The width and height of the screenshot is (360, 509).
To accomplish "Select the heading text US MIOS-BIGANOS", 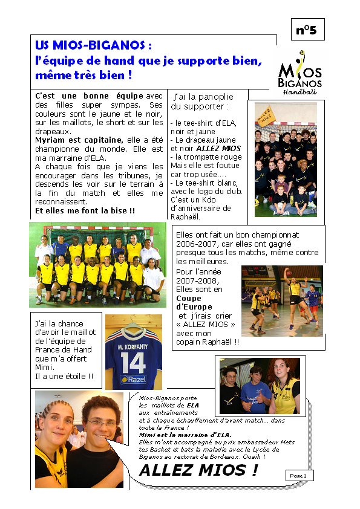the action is point(93,46).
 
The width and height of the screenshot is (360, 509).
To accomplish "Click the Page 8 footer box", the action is point(298,476).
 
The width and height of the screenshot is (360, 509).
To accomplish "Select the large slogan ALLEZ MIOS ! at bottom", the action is point(198,470).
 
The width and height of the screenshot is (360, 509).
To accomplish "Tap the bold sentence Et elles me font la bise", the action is point(85,211).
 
